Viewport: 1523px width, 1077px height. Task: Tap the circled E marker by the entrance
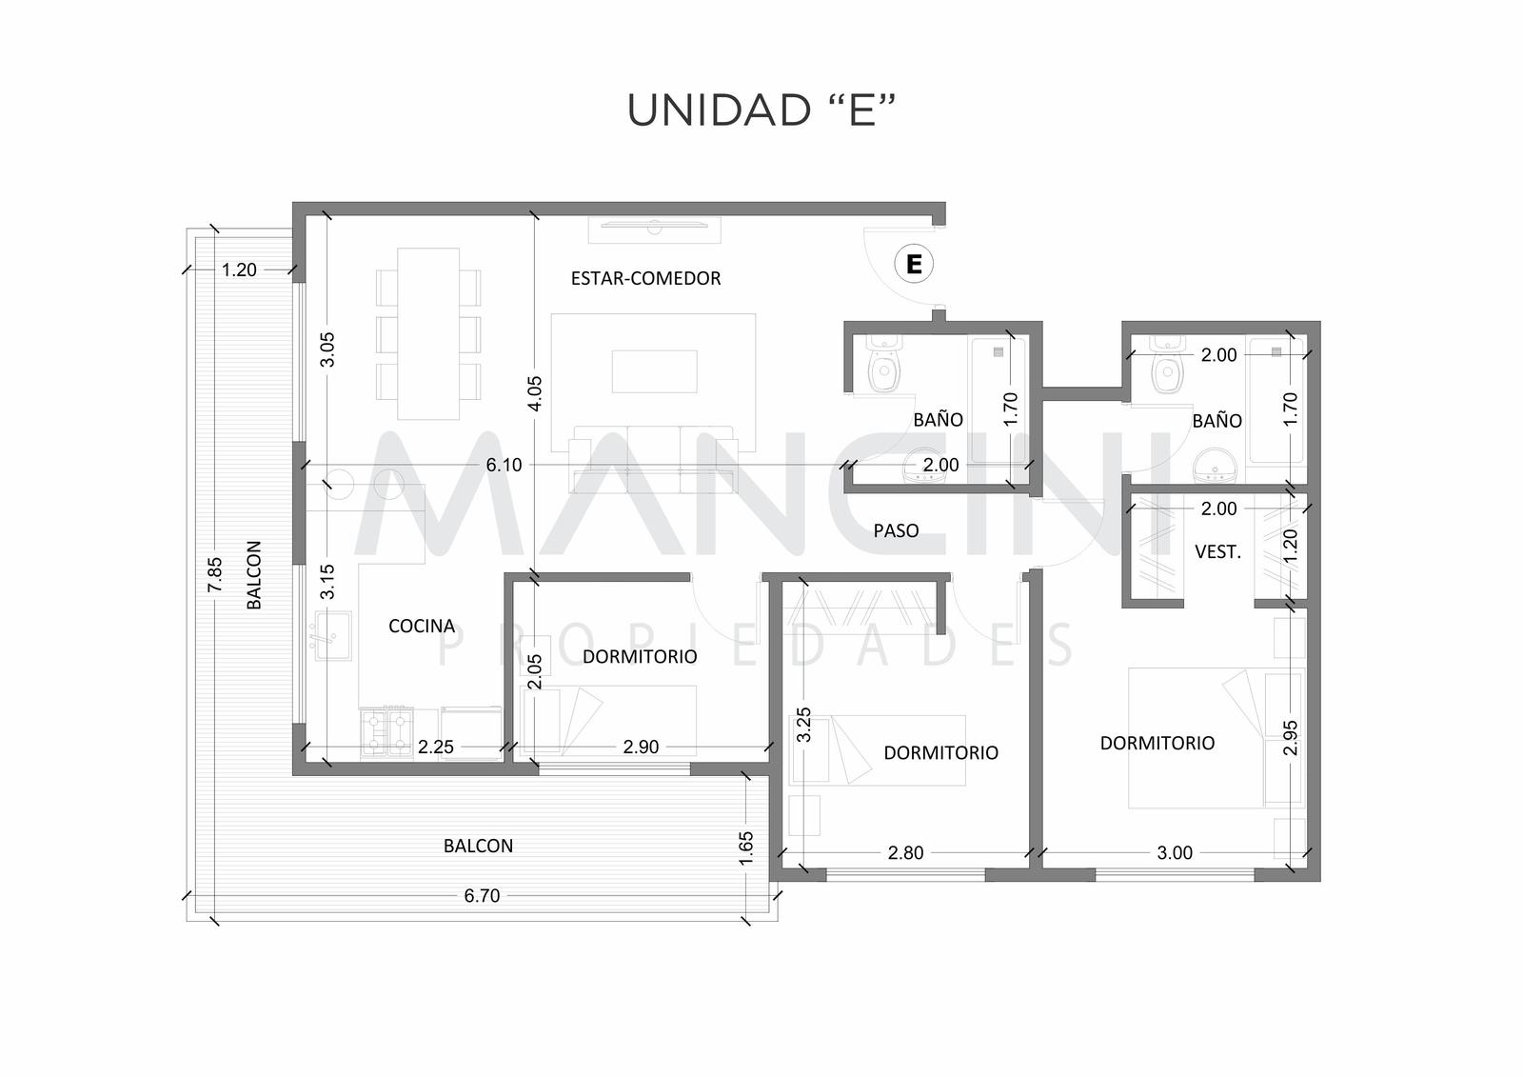pos(914,263)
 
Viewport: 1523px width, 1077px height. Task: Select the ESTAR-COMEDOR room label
pos(645,278)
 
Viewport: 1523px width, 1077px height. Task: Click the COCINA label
pos(422,626)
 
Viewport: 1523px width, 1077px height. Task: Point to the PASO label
pos(896,530)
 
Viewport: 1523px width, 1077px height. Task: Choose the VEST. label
pos(1217,551)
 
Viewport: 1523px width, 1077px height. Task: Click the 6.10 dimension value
pos(504,466)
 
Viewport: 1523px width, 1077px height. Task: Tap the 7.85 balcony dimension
pos(215,575)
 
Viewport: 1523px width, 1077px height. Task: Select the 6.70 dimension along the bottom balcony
pos(482,896)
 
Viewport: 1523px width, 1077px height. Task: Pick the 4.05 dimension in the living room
pos(535,393)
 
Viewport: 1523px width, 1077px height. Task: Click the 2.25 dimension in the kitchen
pos(436,747)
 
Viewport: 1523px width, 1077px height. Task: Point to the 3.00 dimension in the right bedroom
pos(1175,852)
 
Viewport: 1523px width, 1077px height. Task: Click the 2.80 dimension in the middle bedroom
pos(905,852)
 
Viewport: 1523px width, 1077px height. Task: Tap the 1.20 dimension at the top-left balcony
pos(239,270)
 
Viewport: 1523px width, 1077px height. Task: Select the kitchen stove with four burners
pos(387,732)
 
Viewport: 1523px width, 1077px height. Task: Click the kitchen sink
pos(332,635)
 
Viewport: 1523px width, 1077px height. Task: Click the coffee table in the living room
pos(654,371)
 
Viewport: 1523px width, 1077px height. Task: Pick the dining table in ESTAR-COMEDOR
pos(428,333)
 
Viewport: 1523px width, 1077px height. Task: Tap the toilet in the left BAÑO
pos(884,366)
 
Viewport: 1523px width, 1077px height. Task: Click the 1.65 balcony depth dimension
pos(746,848)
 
